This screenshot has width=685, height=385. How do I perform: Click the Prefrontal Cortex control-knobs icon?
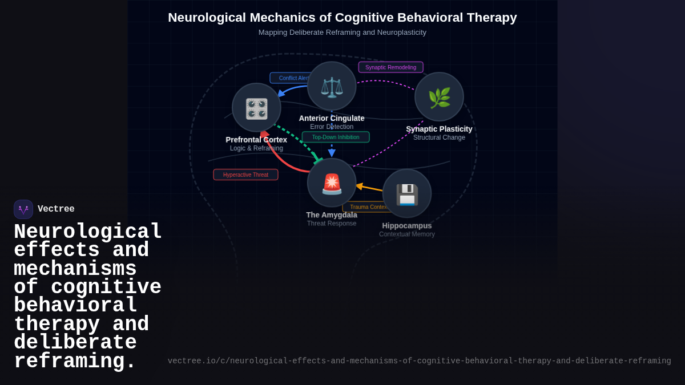coord(256,108)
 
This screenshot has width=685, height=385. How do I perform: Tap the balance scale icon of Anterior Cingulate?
coord(332,87)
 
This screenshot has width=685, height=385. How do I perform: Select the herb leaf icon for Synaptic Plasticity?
coord(439,98)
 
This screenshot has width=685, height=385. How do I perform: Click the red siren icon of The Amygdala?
coord(332,183)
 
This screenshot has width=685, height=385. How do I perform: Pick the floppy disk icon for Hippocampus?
coord(407,194)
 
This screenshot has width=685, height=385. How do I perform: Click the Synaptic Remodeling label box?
coord(390,67)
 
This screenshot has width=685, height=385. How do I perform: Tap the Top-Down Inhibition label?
coord(336,137)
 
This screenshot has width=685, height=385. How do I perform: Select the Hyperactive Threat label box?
coord(245,175)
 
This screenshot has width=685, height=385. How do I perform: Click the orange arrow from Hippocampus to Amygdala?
coord(370,188)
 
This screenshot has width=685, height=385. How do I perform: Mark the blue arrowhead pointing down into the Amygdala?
coord(332,153)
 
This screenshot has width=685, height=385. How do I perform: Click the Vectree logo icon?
coord(23,209)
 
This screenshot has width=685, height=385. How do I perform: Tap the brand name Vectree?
coord(56,209)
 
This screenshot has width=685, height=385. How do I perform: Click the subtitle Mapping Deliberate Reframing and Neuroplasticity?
coord(342,33)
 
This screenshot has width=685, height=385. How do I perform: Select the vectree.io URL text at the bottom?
coord(419,361)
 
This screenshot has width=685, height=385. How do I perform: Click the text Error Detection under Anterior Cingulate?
coord(332,127)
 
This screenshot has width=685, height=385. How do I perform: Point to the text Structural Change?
coord(439,137)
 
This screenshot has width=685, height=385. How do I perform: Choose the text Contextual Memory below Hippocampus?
coord(407,234)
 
